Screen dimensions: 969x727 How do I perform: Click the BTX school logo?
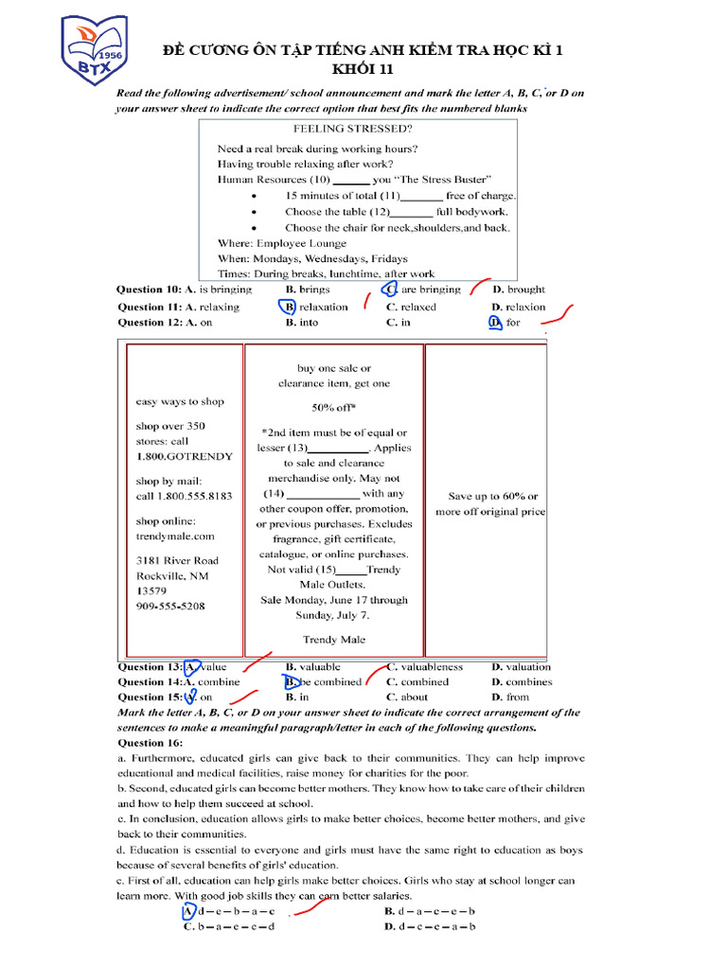[95, 48]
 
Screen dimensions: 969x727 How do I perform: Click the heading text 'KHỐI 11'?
[363, 69]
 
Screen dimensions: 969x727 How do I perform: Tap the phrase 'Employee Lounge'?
[312, 243]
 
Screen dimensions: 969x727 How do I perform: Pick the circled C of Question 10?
[389, 290]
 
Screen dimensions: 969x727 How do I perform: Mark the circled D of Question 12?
[494, 323]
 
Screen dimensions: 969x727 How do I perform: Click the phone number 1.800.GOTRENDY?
[184, 456]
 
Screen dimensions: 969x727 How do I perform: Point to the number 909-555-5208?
[170, 606]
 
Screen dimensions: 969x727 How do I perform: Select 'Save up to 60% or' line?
[492, 496]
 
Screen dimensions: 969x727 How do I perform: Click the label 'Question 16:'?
[150, 743]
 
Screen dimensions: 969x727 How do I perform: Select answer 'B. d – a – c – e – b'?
[430, 911]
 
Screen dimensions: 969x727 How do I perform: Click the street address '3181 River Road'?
[177, 560]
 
